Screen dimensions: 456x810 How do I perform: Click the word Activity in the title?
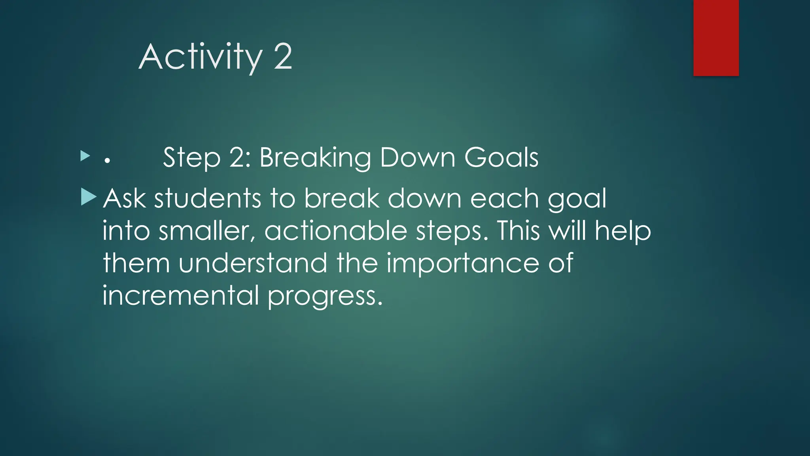click(200, 57)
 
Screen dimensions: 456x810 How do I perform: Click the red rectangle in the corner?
click(716, 38)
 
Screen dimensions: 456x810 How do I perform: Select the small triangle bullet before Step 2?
click(85, 156)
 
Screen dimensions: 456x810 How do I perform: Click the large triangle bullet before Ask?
click(88, 197)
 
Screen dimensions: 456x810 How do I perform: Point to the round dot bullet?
click(107, 161)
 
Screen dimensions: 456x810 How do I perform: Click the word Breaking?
click(315, 158)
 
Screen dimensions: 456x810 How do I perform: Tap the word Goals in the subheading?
click(501, 157)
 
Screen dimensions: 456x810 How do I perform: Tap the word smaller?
click(206, 231)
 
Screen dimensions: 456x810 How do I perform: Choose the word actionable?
click(336, 231)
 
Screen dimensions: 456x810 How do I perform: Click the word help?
click(623, 231)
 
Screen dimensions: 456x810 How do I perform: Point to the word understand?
click(253, 263)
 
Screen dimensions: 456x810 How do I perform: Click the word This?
click(518, 231)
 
